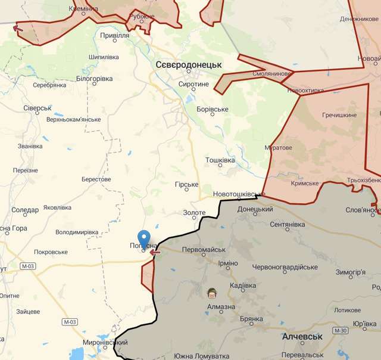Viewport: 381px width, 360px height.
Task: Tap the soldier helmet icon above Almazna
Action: [211, 293]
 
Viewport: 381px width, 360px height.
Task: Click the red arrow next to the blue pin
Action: [155, 253]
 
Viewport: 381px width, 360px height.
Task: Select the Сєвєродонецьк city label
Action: [188, 64]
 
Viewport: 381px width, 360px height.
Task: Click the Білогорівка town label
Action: [95, 79]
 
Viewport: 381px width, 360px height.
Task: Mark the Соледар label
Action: [25, 210]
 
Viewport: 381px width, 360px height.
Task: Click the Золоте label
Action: [193, 213]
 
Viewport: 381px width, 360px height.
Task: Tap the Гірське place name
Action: [187, 185]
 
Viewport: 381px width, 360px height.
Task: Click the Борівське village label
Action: [213, 110]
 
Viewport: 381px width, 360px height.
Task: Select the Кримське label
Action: [305, 184]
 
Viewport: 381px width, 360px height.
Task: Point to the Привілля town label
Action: [114, 36]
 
